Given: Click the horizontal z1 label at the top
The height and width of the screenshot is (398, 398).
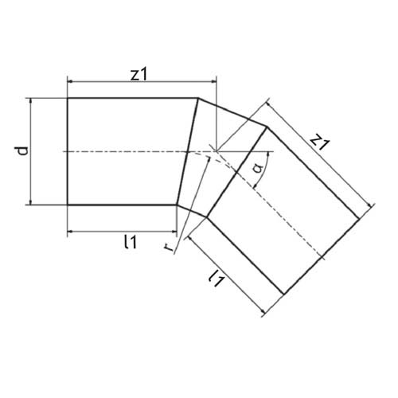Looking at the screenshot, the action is (x=139, y=75).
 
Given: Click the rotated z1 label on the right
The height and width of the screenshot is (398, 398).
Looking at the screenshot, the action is (x=320, y=142).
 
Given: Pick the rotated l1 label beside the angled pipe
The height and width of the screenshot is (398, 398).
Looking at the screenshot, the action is (x=217, y=278).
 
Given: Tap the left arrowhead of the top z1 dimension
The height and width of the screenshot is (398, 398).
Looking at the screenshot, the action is (x=70, y=82).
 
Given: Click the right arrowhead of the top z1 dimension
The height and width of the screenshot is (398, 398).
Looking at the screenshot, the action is (x=214, y=82).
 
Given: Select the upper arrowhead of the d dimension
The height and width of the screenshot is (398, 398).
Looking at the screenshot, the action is (x=31, y=101).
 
